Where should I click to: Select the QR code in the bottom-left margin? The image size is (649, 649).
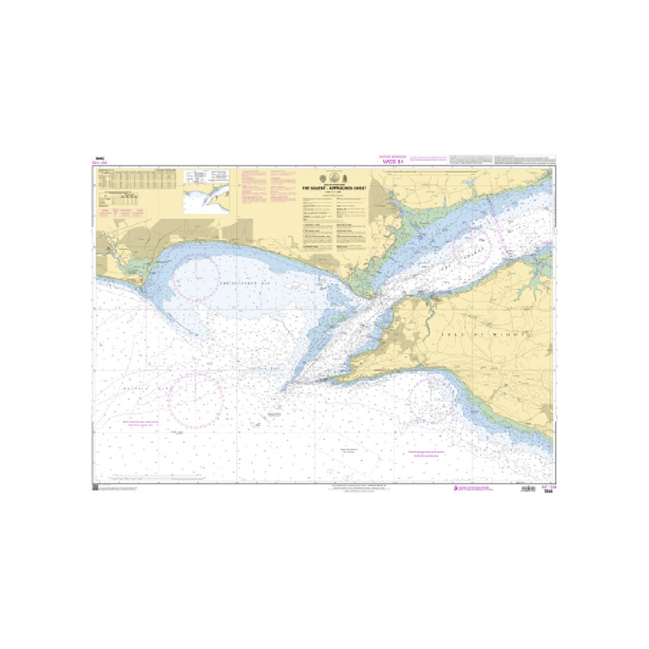95,488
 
